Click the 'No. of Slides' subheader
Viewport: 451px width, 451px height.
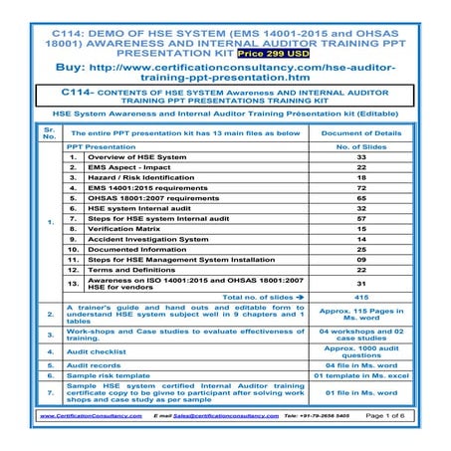point(361,145)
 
